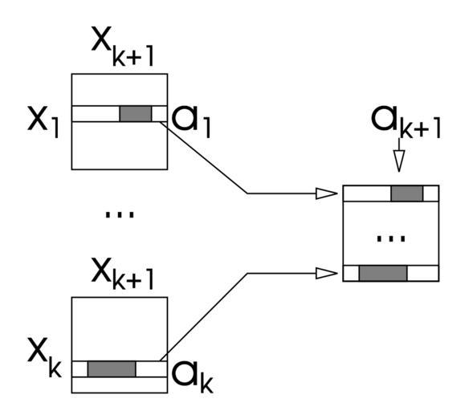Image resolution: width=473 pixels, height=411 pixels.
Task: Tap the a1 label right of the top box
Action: (191, 122)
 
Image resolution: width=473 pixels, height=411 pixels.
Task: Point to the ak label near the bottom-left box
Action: (193, 377)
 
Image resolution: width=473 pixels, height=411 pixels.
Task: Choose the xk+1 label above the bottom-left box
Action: (123, 274)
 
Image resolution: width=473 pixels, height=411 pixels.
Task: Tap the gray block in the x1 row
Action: (136, 114)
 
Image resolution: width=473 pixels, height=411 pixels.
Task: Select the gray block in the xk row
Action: (112, 369)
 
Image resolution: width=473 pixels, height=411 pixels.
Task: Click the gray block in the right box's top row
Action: (407, 193)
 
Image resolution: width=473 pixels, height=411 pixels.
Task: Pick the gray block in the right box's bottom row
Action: (383, 273)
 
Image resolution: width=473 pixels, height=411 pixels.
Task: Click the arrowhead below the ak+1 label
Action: (399, 161)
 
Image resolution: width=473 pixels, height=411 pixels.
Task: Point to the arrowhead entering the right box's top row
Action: (326, 193)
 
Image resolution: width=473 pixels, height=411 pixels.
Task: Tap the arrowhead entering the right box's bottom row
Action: (326, 273)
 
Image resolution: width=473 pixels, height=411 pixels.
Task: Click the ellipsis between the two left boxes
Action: (119, 214)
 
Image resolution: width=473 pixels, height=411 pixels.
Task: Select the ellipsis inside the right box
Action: (391, 238)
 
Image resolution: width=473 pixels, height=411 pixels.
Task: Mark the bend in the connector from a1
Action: (247, 193)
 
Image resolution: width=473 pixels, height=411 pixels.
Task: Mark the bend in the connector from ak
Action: (247, 273)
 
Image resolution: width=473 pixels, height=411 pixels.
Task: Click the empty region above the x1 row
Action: (120, 90)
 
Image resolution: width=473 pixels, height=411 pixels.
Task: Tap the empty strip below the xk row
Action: (120, 385)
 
